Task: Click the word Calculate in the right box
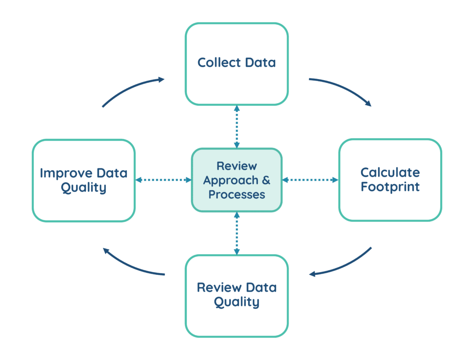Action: pos(390,172)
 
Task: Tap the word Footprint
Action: pos(390,187)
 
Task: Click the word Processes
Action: pos(237,195)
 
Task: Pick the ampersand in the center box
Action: pos(266,180)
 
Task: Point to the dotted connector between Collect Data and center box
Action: pos(237,126)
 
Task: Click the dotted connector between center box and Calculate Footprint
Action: pos(310,180)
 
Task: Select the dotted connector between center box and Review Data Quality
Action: pos(237,233)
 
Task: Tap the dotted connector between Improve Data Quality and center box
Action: pos(163,180)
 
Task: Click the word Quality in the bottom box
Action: pos(237,302)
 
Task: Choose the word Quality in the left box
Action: pos(84,188)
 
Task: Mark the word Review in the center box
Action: pos(237,166)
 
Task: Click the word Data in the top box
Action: pos(258,63)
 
